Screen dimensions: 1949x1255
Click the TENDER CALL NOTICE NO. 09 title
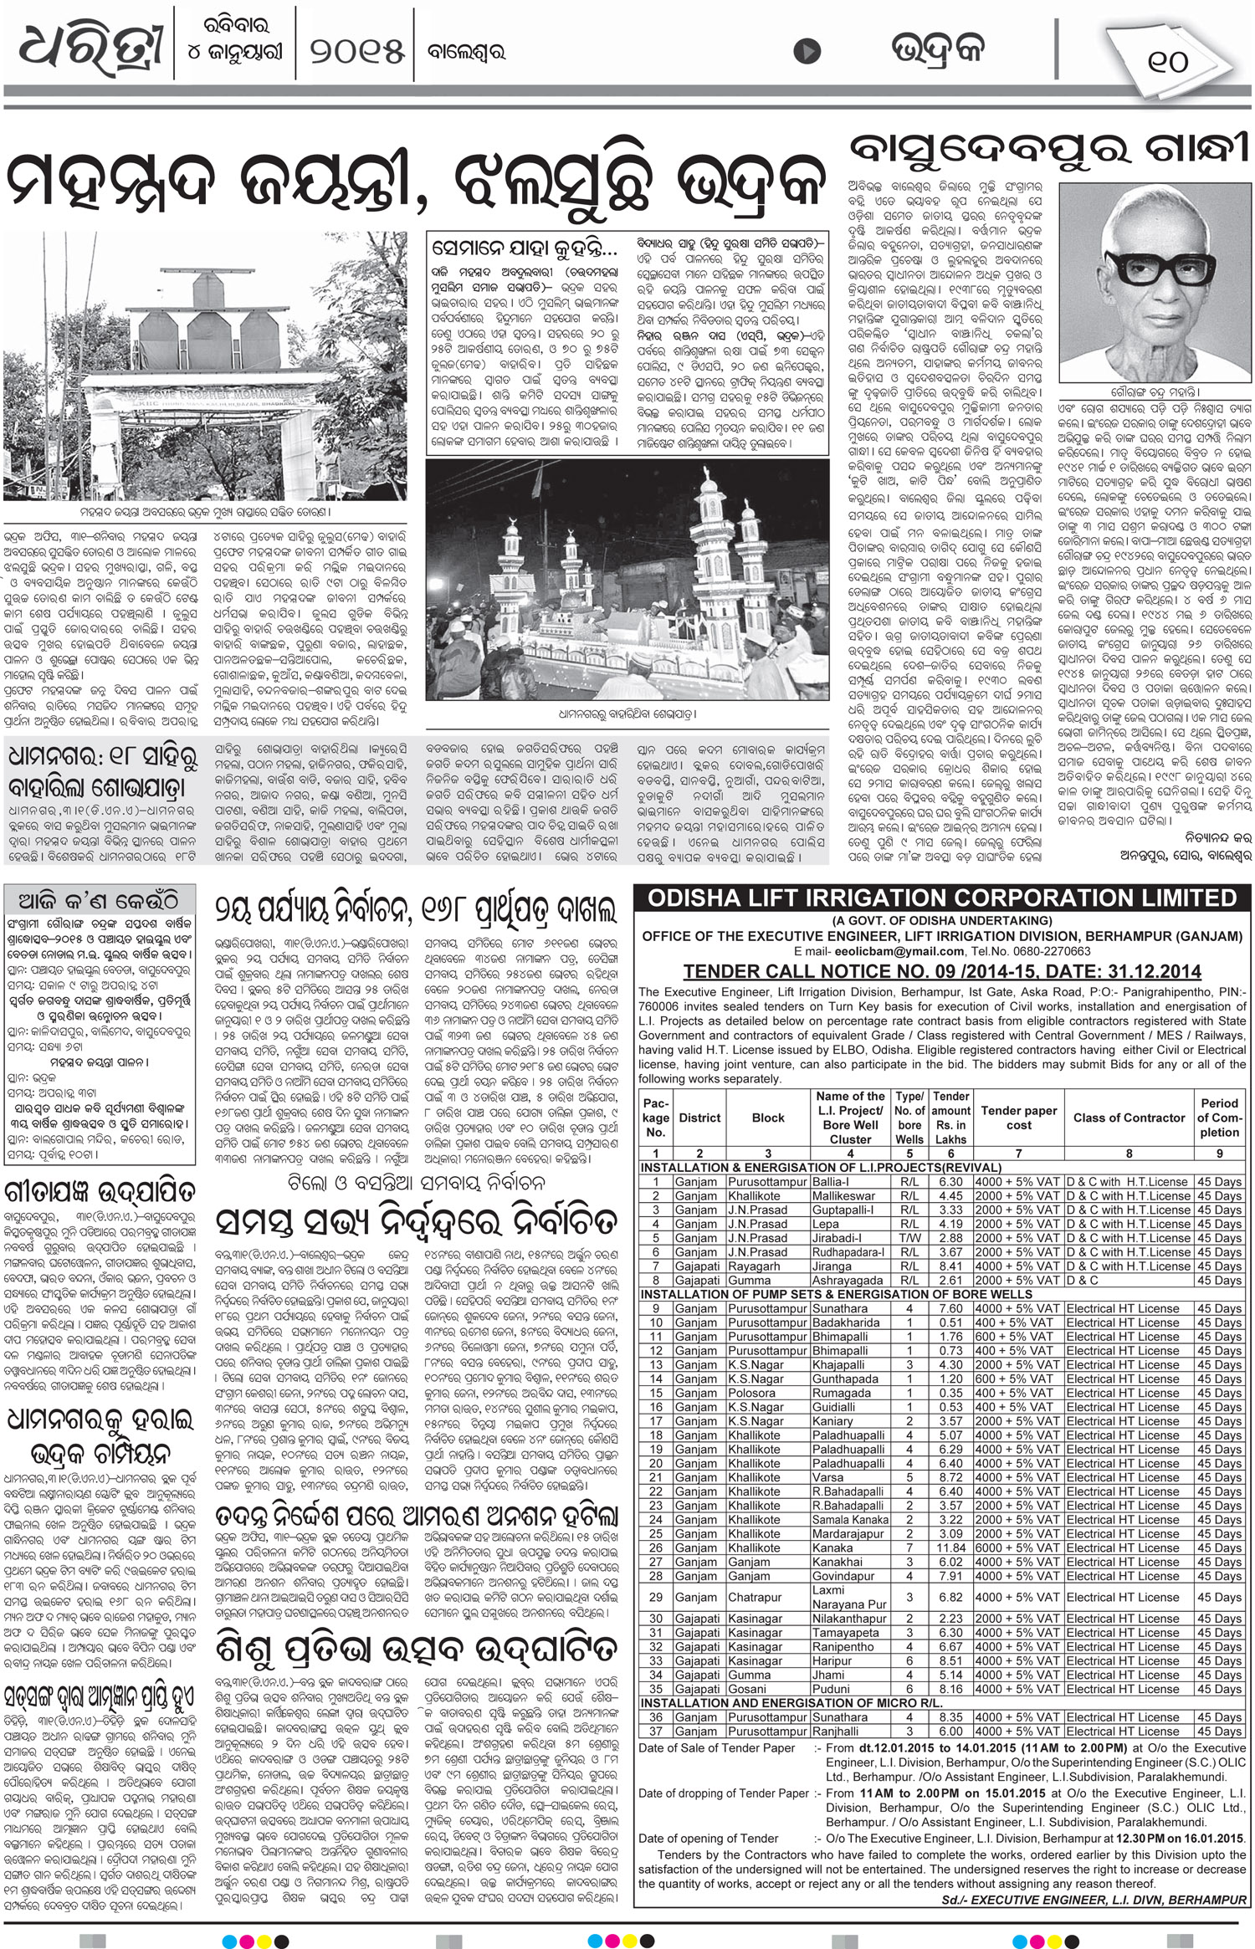942,971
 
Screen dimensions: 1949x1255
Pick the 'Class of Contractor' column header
1129,1118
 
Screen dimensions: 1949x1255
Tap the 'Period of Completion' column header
1219,1118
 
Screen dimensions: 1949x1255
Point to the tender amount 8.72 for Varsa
951,1477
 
